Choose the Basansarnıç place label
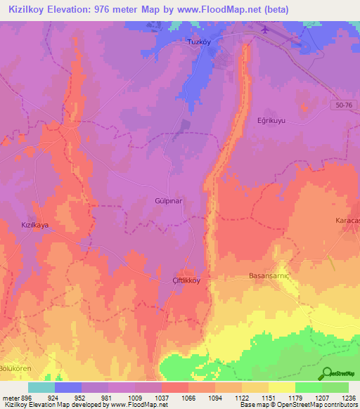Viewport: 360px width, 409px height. pyautogui.click(x=270, y=276)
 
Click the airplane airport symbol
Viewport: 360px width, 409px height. pyautogui.click(x=302, y=48)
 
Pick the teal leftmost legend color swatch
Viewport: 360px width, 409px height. pyautogui.click(x=41, y=387)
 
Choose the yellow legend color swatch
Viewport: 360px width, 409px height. pyautogui.click(x=281, y=387)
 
